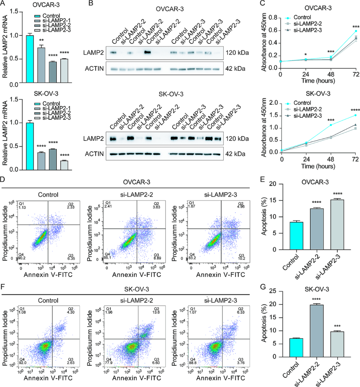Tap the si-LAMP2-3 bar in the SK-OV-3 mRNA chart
tap(64, 165)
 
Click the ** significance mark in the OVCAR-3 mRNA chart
tap(41, 41)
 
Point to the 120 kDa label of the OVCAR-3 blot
tap(237, 53)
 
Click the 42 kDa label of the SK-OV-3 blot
tap(236, 154)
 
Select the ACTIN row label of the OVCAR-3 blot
tap(94, 69)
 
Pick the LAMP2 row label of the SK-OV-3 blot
tap(94, 138)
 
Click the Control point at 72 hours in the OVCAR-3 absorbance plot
tap(356, 31)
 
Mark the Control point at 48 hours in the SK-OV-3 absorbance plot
tap(331, 125)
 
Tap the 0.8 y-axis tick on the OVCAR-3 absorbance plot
tap(273, 18)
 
